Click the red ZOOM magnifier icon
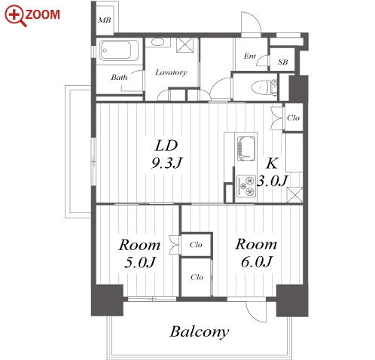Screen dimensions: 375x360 coord(15,16)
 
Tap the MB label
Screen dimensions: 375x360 coord(105,20)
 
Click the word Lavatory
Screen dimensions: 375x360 coord(171,72)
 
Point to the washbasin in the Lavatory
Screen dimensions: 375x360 coord(157,42)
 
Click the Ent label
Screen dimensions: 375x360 coord(250,56)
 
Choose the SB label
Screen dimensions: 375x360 coord(282,62)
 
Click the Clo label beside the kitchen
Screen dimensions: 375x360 coord(293,117)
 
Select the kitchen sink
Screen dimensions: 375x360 coord(246,148)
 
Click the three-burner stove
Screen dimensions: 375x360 coord(246,186)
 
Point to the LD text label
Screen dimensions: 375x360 coord(166,145)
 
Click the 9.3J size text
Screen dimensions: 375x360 coord(166,163)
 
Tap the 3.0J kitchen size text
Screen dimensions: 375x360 coord(272,181)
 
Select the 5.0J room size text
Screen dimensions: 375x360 coord(140,262)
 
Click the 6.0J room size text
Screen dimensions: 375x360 coord(256,261)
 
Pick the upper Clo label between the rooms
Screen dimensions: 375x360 coord(196,245)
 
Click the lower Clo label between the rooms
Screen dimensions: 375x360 coord(197,277)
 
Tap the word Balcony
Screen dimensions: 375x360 coord(200,332)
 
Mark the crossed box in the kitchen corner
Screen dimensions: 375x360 coord(294,194)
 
